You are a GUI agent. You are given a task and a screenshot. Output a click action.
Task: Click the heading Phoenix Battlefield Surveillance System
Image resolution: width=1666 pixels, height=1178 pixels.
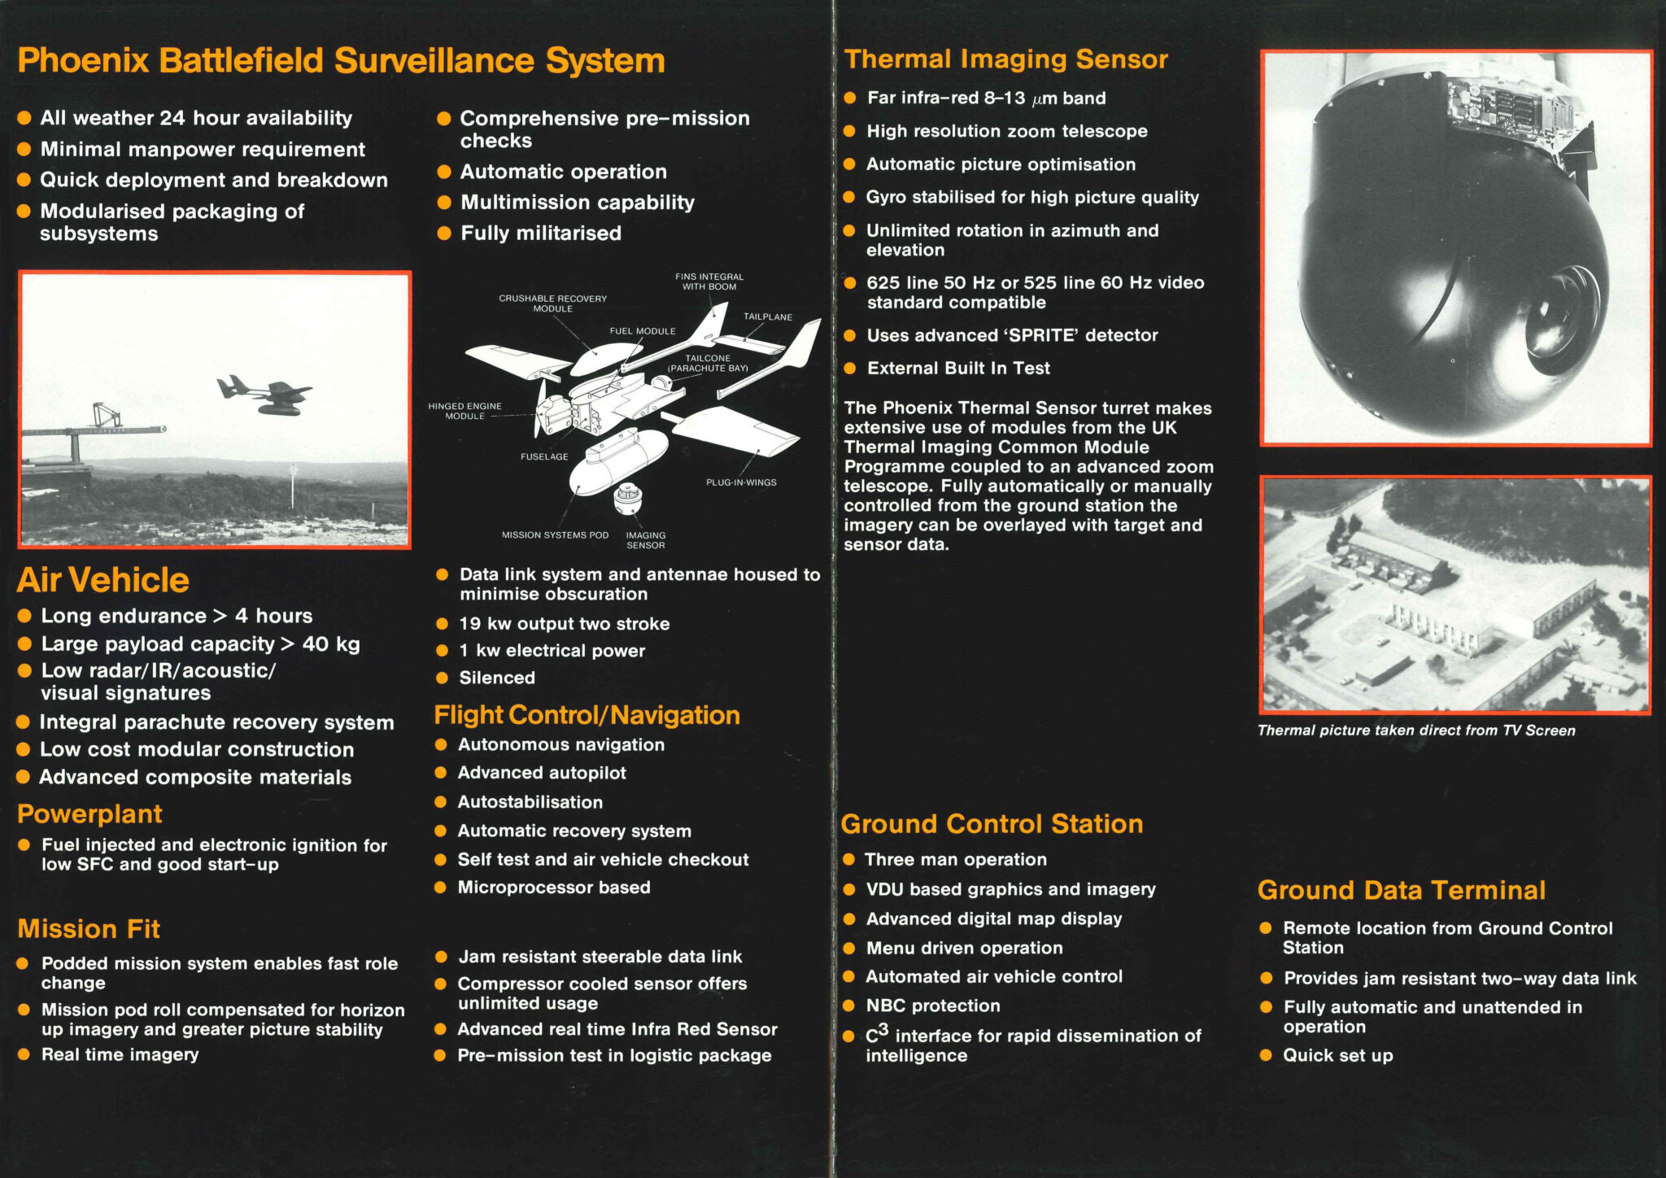(x=341, y=61)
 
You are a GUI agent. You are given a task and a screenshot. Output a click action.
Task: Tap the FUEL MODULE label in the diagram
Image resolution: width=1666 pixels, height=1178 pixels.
(x=643, y=331)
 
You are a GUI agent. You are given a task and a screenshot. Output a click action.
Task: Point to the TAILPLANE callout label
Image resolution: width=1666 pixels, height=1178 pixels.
(x=767, y=317)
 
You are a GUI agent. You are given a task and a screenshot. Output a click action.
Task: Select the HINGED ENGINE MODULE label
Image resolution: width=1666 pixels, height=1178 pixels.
(x=464, y=411)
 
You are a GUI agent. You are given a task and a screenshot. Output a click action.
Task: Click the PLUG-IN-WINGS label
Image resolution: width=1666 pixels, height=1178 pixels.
(x=741, y=482)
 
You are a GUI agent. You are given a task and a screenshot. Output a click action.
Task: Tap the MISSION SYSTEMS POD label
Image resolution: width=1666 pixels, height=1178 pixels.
(x=555, y=535)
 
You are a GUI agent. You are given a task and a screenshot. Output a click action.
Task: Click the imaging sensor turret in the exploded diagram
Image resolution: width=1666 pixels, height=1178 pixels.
(x=627, y=499)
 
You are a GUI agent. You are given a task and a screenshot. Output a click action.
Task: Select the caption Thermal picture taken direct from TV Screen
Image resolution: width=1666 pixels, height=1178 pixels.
(x=1416, y=731)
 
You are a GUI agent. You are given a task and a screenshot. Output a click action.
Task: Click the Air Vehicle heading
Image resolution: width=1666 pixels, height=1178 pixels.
(x=103, y=580)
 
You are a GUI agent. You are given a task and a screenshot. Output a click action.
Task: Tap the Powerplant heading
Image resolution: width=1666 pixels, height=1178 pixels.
(x=89, y=814)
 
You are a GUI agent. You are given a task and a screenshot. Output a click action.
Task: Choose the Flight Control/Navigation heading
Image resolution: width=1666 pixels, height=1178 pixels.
(x=587, y=715)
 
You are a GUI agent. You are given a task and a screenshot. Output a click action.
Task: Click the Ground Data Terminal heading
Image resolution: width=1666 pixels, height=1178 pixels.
(x=1401, y=890)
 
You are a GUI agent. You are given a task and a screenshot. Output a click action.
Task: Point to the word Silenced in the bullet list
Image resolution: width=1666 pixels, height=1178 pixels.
(x=497, y=678)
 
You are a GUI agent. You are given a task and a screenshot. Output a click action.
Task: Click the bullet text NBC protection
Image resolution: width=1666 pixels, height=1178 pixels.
(x=933, y=1006)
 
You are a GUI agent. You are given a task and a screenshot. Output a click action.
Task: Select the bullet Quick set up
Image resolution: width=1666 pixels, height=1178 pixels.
(x=1337, y=1055)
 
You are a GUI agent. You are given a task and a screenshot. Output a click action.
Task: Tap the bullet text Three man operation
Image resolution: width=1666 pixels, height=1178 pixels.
(x=955, y=859)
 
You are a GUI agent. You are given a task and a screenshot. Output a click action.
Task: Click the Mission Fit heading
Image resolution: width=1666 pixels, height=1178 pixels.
(x=89, y=929)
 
